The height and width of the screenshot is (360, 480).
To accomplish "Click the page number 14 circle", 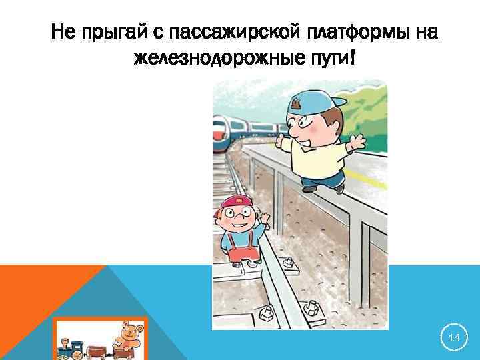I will click(454, 339).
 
